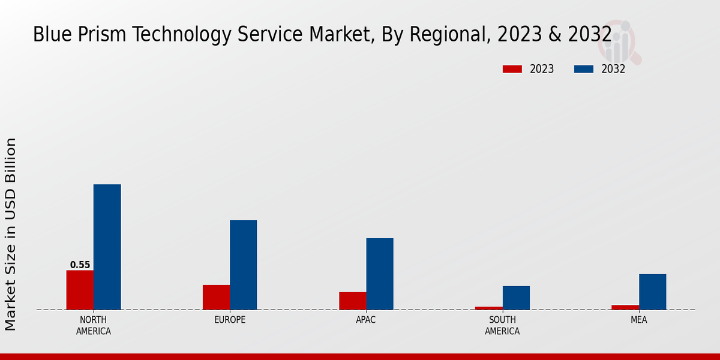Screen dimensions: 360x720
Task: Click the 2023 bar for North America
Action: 80,290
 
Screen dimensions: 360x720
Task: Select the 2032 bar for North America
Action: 107,247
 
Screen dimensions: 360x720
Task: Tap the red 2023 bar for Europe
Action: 216,297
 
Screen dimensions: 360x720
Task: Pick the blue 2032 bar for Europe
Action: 243,265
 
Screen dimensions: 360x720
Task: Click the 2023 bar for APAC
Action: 352,301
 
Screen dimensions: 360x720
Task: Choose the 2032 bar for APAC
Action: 380,274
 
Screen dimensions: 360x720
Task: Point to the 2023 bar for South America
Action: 489,308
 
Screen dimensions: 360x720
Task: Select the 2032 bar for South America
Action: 516,298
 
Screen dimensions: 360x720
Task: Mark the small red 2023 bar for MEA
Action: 625,307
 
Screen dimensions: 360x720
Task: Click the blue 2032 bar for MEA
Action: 652,292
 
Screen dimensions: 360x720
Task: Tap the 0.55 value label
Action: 80,265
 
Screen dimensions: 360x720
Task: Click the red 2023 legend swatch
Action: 512,69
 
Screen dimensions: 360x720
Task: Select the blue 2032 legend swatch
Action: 583,69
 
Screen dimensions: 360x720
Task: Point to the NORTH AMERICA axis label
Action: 94,325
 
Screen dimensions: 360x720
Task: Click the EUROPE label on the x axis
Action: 230,320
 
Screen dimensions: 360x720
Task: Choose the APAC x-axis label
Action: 366,320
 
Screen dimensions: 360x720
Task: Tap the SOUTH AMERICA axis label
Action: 502,325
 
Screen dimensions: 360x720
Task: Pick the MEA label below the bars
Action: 638,320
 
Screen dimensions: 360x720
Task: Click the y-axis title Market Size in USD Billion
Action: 11,234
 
